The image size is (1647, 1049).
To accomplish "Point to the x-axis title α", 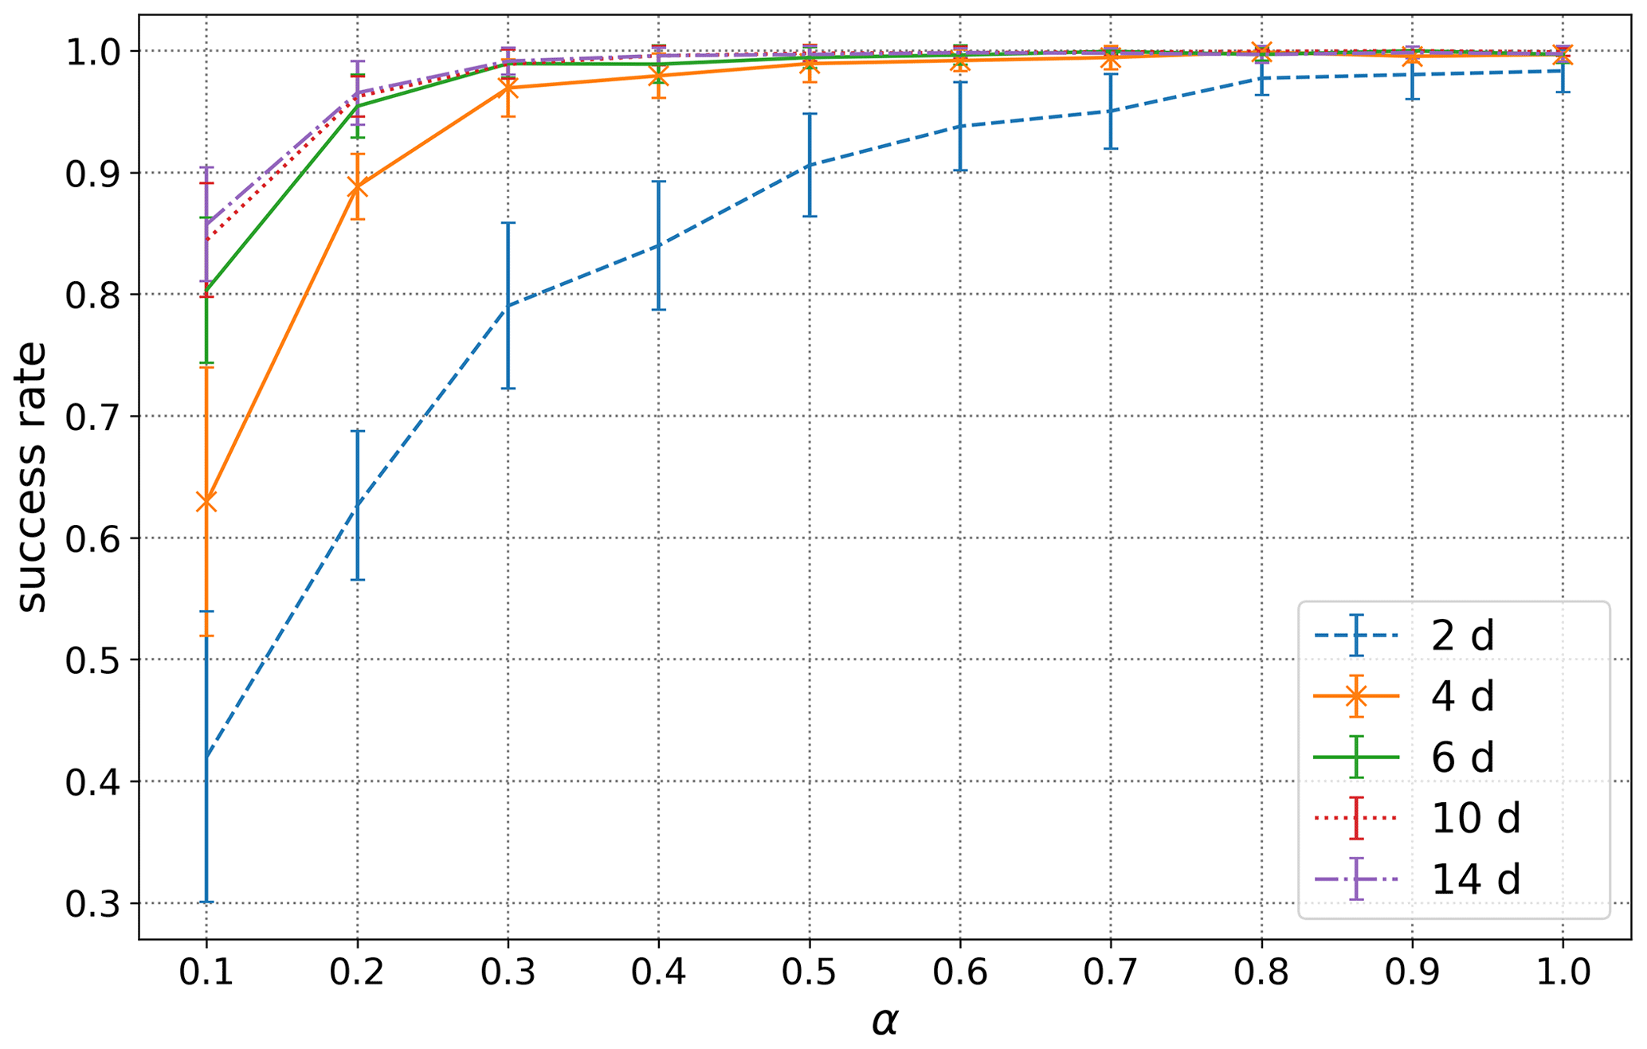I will (884, 1021).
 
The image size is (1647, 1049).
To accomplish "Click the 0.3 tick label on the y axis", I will (88, 904).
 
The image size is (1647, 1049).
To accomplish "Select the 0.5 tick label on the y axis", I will (88, 660).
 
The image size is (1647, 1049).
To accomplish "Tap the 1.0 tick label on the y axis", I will (88, 52).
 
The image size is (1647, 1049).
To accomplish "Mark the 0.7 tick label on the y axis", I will (88, 417).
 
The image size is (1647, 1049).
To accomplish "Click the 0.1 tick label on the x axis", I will (206, 973).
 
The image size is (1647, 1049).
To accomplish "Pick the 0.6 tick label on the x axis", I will (960, 973).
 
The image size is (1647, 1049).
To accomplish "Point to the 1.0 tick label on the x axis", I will (1563, 973).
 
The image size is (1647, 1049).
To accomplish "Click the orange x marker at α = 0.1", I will (206, 502).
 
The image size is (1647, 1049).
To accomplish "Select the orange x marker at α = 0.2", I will (357, 188).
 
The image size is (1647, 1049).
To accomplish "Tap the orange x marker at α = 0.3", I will (508, 88).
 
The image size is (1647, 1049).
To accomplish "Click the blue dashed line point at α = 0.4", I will (659, 245).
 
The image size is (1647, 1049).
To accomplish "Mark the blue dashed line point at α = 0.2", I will (357, 500).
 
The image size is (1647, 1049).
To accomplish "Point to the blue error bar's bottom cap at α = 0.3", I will (508, 388).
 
